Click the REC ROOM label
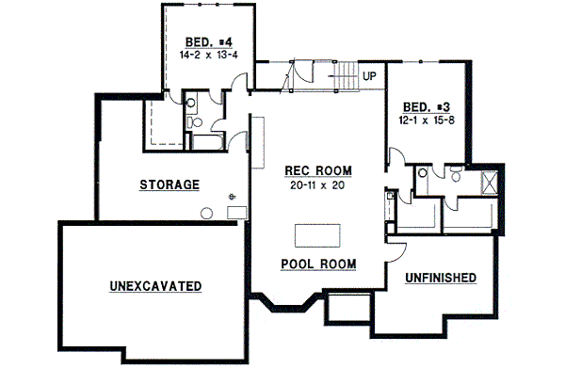tap(318, 171)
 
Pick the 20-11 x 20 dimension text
tap(318, 184)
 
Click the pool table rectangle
tap(319, 233)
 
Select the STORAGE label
tap(169, 184)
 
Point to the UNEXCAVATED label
tap(156, 285)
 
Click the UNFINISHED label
tap(440, 278)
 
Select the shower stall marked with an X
tap(491, 182)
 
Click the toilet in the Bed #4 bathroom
tap(196, 122)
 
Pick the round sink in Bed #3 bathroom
tap(423, 173)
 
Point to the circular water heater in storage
tap(232, 197)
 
